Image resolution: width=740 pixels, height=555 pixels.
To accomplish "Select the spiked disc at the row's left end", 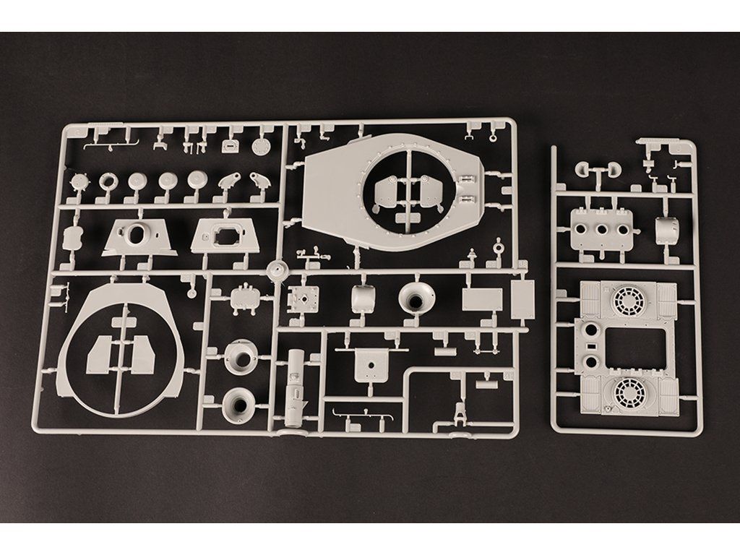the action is (79, 181).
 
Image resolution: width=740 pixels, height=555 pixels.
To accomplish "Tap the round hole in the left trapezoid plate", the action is (137, 233).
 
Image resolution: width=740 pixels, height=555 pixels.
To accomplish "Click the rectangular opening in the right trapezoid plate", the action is (225, 233).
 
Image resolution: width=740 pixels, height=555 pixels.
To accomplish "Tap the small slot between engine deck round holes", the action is (593, 345).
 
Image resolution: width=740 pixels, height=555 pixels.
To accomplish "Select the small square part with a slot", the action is (229, 145).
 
